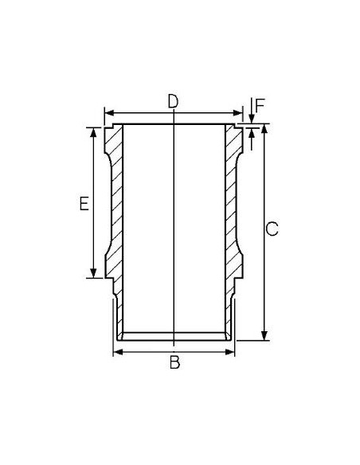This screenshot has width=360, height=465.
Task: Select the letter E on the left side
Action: pos(83,205)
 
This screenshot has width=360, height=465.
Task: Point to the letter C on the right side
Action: pos(272,230)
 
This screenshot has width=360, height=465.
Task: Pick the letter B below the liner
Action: pos(175,364)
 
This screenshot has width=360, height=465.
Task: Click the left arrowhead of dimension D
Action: pos(108,112)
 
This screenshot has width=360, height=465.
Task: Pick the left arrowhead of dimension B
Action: pos(118,351)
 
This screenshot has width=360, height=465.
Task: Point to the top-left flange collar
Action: pos(111,130)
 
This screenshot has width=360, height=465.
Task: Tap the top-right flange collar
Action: pos(237,130)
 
